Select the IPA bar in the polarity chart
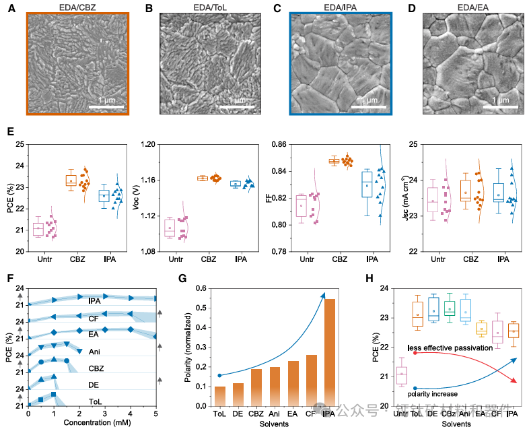pyautogui.click(x=330, y=352)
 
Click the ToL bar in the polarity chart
pyautogui.click(x=220, y=396)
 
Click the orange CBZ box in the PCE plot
pyautogui.click(x=71, y=180)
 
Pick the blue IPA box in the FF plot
pyautogui.click(x=367, y=185)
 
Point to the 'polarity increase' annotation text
pyautogui.click(x=433, y=394)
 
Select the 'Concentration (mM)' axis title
pyautogui.click(x=92, y=424)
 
